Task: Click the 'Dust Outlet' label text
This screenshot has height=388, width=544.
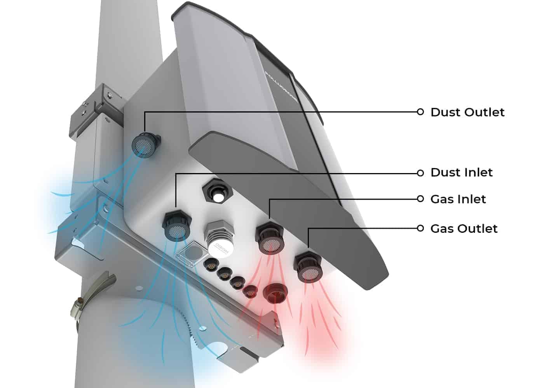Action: [x=467, y=112]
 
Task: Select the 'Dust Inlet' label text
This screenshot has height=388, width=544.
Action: [x=461, y=172]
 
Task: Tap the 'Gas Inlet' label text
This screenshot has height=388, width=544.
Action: [x=458, y=199]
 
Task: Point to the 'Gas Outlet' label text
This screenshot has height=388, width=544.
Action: [x=464, y=228]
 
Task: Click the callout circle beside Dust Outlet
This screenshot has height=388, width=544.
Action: [x=420, y=112]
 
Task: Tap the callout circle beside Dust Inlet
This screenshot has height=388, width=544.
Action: [x=420, y=173]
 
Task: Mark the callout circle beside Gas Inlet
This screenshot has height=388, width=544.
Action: [x=420, y=199]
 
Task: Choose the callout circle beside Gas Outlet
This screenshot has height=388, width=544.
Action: [x=420, y=228]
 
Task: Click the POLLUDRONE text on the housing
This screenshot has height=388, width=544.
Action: [x=281, y=87]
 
